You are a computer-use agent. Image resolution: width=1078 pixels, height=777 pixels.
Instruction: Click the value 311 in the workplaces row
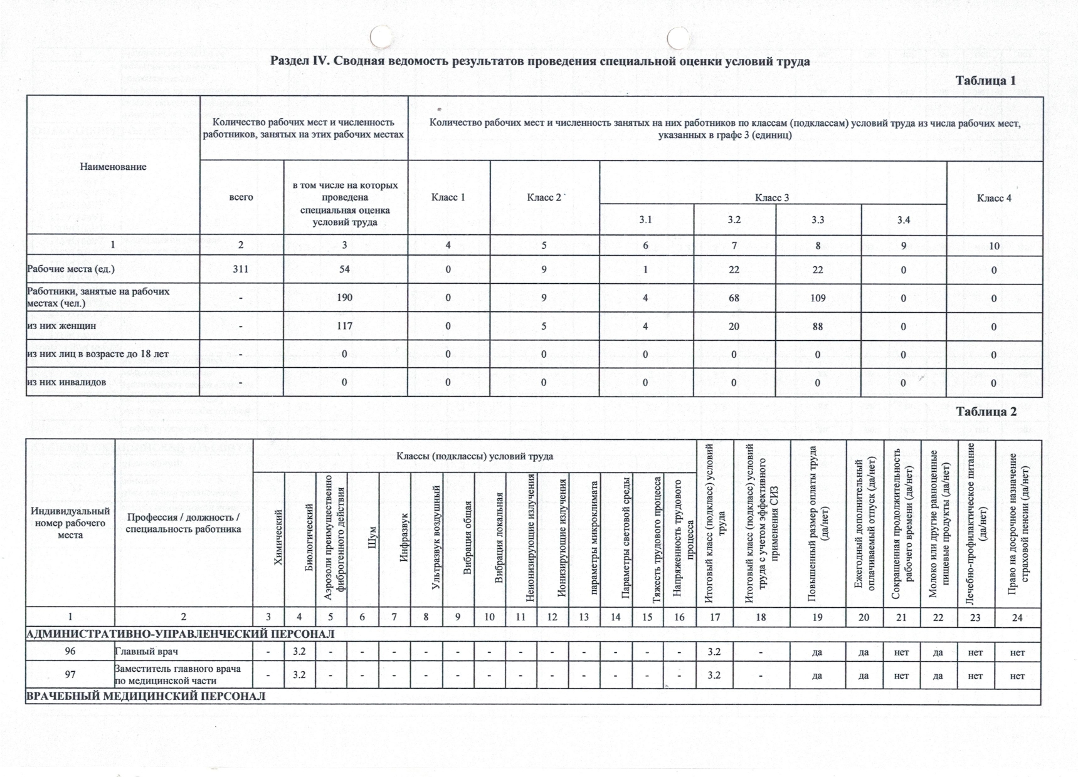[241, 269]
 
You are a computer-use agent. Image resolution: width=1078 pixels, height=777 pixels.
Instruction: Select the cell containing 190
[344, 298]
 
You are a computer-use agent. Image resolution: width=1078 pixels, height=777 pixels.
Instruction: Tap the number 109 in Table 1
[818, 298]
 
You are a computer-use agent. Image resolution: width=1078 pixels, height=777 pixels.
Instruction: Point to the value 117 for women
[344, 326]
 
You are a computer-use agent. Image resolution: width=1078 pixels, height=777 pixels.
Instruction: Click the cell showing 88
[818, 326]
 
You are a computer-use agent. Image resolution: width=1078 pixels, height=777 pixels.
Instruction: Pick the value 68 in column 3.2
[734, 298]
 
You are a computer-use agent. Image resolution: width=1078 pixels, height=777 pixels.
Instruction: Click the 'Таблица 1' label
[985, 81]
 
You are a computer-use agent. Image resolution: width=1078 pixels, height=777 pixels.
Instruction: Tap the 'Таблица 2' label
[986, 412]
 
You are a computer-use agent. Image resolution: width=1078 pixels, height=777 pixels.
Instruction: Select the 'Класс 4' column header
[994, 198]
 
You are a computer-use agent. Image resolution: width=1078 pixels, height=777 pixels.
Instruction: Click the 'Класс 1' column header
[448, 197]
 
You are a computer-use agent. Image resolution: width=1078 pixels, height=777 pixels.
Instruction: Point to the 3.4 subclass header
[903, 220]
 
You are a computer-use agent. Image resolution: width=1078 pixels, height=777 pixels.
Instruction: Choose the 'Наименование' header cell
[113, 167]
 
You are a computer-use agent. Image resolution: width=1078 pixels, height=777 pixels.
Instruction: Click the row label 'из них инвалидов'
[66, 382]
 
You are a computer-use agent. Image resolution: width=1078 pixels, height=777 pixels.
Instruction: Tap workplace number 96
[70, 652]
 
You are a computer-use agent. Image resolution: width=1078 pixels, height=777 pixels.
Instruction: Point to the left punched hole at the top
[381, 37]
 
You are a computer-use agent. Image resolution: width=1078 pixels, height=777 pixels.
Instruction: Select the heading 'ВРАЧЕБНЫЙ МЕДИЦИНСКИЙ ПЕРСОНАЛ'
[146, 696]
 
